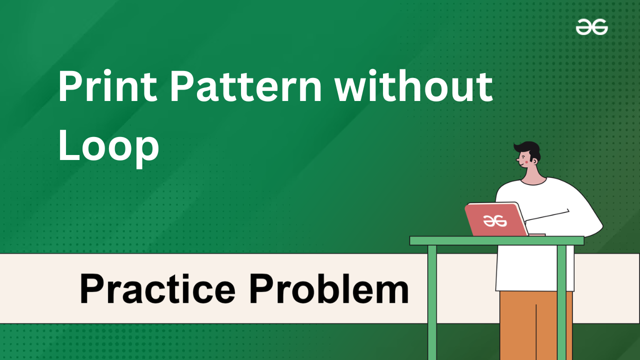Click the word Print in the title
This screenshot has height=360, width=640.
[108, 85]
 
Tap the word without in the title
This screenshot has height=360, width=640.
[413, 85]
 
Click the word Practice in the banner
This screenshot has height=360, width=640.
[157, 288]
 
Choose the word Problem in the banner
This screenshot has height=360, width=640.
[329, 288]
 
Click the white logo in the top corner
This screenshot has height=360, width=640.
[591, 27]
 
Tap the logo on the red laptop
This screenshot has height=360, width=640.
[494, 221]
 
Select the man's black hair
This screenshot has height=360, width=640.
[528, 150]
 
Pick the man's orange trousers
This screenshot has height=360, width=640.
[536, 325]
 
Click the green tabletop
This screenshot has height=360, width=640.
[497, 241]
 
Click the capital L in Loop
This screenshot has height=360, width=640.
[68, 145]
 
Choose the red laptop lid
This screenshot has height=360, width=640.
[496, 219]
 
